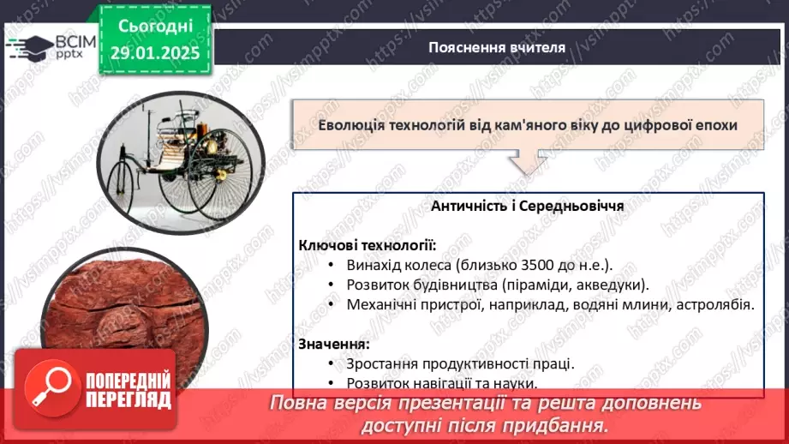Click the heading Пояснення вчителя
[497, 47]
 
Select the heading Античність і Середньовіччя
[527, 207]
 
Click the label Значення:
[334, 344]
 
